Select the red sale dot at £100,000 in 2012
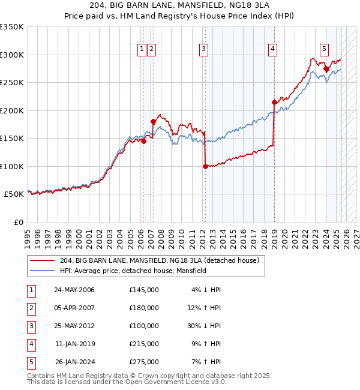(x=205, y=166)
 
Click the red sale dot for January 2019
(x=274, y=102)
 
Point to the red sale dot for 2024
(x=326, y=68)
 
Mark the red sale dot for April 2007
(x=153, y=122)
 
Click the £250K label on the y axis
(x=12, y=83)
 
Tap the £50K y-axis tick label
(x=14, y=194)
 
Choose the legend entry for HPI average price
(x=133, y=271)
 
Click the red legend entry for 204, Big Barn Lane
(x=159, y=260)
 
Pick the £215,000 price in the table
(x=143, y=344)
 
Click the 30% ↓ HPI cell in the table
(x=206, y=326)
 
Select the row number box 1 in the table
(x=31, y=290)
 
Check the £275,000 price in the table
(x=143, y=362)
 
